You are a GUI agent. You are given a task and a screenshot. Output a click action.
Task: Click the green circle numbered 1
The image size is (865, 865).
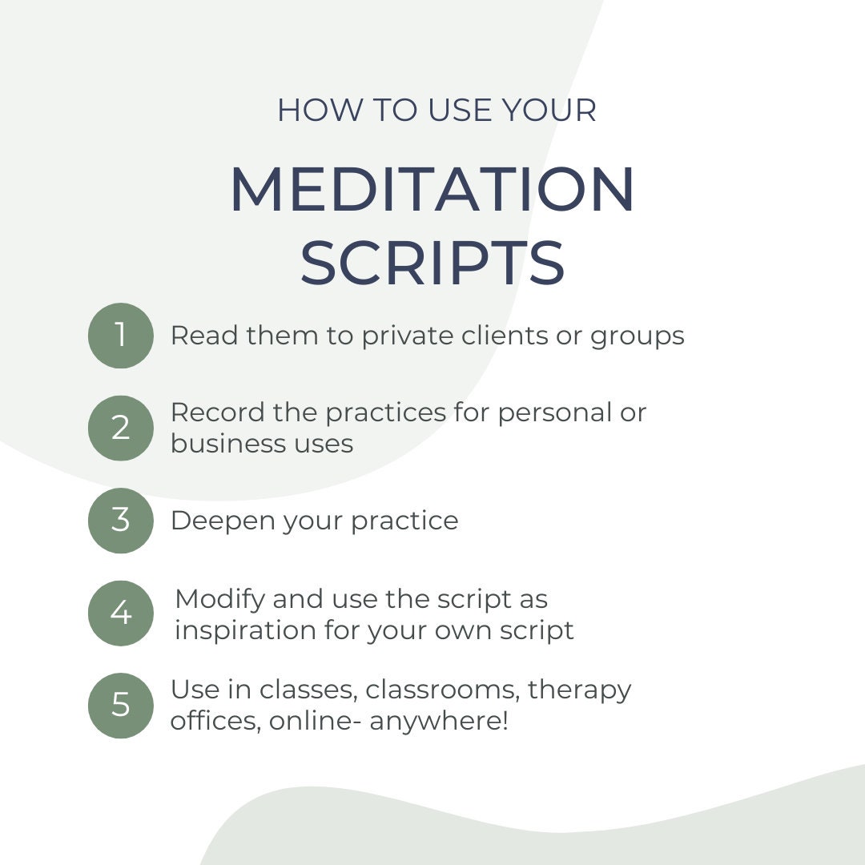[x=120, y=336]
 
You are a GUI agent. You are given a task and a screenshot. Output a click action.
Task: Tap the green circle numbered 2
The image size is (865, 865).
[x=120, y=428]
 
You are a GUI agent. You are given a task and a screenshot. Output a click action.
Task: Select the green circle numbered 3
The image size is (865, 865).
[x=120, y=521]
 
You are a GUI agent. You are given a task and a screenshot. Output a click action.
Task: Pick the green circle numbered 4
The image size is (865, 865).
[x=120, y=613]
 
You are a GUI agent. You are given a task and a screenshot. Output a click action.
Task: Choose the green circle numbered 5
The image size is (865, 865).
[x=120, y=705]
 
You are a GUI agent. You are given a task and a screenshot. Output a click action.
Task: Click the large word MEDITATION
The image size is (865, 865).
[x=432, y=191]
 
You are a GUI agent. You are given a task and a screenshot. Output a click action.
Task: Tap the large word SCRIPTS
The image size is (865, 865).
[x=432, y=264]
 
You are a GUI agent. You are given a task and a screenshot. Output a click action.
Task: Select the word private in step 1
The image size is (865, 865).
[x=407, y=336]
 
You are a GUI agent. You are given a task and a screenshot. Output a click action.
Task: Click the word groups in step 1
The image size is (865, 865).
[x=638, y=336]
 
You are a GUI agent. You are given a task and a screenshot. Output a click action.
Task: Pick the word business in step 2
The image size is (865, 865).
[x=219, y=443]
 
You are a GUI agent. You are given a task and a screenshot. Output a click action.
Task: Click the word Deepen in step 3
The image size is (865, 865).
[x=215, y=521]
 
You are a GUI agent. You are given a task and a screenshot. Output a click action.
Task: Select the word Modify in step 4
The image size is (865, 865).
[x=219, y=599]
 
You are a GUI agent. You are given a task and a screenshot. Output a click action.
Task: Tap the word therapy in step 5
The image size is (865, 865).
[x=580, y=690]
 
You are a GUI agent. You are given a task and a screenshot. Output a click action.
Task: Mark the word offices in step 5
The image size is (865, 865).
[x=215, y=721]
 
